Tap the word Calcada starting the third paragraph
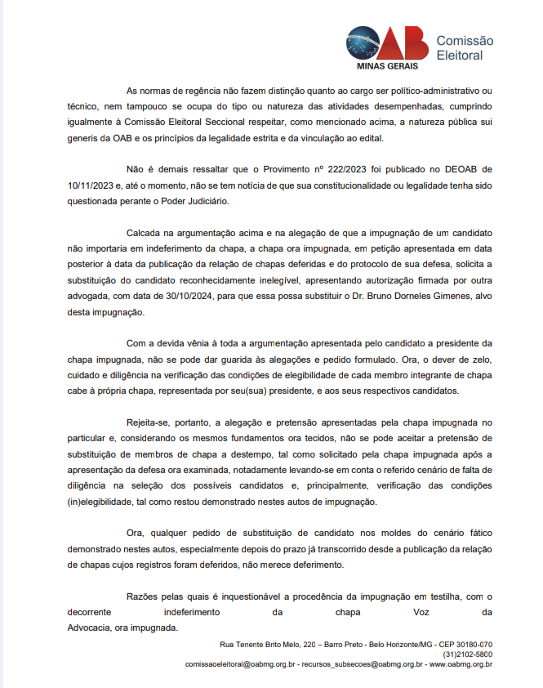(x=145, y=233)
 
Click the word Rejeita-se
(x=150, y=422)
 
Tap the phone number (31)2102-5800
(x=468, y=654)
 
